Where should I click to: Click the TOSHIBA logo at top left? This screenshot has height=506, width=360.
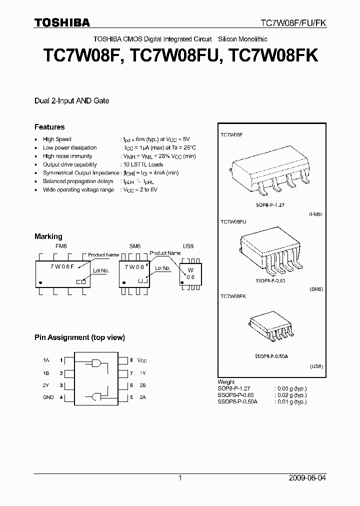[62, 22]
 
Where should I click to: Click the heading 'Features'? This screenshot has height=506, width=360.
[49, 127]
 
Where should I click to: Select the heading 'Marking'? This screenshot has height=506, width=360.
[48, 236]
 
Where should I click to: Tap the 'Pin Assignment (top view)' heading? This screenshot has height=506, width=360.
[79, 337]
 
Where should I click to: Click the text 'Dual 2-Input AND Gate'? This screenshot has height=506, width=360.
[71, 100]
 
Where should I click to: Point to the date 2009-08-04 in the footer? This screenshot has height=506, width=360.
[307, 478]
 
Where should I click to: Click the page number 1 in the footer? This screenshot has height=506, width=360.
[180, 478]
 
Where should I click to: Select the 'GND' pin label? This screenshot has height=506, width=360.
[49, 397]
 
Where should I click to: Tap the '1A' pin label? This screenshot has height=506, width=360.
[46, 360]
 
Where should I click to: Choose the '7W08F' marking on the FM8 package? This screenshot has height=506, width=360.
[62, 267]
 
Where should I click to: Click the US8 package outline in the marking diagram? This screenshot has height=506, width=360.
[190, 272]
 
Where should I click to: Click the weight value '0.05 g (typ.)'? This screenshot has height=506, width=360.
[291, 388]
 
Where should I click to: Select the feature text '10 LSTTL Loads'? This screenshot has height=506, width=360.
[143, 164]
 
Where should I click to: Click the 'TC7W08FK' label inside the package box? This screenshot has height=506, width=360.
[233, 296]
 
